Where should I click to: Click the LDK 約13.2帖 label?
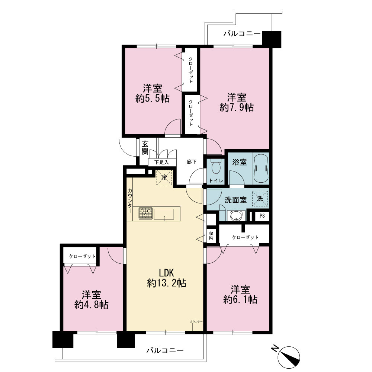click(x=167, y=278)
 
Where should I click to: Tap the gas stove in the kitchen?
click(x=146, y=213)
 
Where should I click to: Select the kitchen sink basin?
click(x=164, y=214)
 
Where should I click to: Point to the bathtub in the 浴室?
click(x=261, y=168)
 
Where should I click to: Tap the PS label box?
click(x=262, y=216)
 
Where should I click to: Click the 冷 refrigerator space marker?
click(x=164, y=177)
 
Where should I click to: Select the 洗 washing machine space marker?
click(x=260, y=199)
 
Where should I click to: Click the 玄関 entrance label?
click(x=145, y=148)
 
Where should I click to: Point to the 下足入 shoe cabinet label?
click(x=161, y=163)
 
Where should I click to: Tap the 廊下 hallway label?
click(x=192, y=162)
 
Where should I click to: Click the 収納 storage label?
click(x=211, y=235)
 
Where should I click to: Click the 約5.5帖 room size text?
click(x=153, y=98)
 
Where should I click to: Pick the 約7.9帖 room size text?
click(x=237, y=108)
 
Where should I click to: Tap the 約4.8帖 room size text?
click(x=92, y=305)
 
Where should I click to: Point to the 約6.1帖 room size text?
click(x=240, y=299)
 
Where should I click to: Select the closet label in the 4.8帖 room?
click(x=82, y=256)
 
